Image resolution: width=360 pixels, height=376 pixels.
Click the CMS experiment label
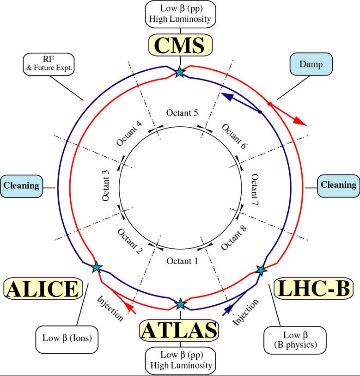tap(180, 45)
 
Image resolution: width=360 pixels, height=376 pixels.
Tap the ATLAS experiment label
tap(179, 330)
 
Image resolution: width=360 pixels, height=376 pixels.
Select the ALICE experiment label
tap(43, 289)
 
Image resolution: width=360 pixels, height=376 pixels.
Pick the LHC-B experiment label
tap(314, 288)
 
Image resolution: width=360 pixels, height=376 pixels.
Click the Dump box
tap(311, 64)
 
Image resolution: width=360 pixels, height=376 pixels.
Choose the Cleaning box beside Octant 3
tap(21, 186)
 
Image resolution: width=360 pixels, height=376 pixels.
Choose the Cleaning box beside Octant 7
tap(338, 186)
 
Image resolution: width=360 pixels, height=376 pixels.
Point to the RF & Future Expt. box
tap(49, 64)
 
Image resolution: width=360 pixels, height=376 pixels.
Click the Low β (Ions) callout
tap(67, 339)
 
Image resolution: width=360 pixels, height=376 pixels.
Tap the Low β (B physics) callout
tap(295, 340)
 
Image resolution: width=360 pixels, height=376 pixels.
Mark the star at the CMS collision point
tap(179, 72)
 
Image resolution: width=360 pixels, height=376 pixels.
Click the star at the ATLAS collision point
tap(180, 304)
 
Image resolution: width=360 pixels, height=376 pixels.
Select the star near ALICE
tap(97, 267)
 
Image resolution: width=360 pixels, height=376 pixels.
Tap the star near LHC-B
tap(261, 270)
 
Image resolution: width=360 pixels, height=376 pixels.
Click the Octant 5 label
tap(182, 113)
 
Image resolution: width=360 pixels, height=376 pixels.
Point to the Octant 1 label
tap(183, 261)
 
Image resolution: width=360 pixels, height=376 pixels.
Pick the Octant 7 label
tap(255, 190)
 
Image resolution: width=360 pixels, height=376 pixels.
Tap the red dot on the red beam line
tap(269, 104)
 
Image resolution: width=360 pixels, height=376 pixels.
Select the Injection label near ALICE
tap(110, 308)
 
